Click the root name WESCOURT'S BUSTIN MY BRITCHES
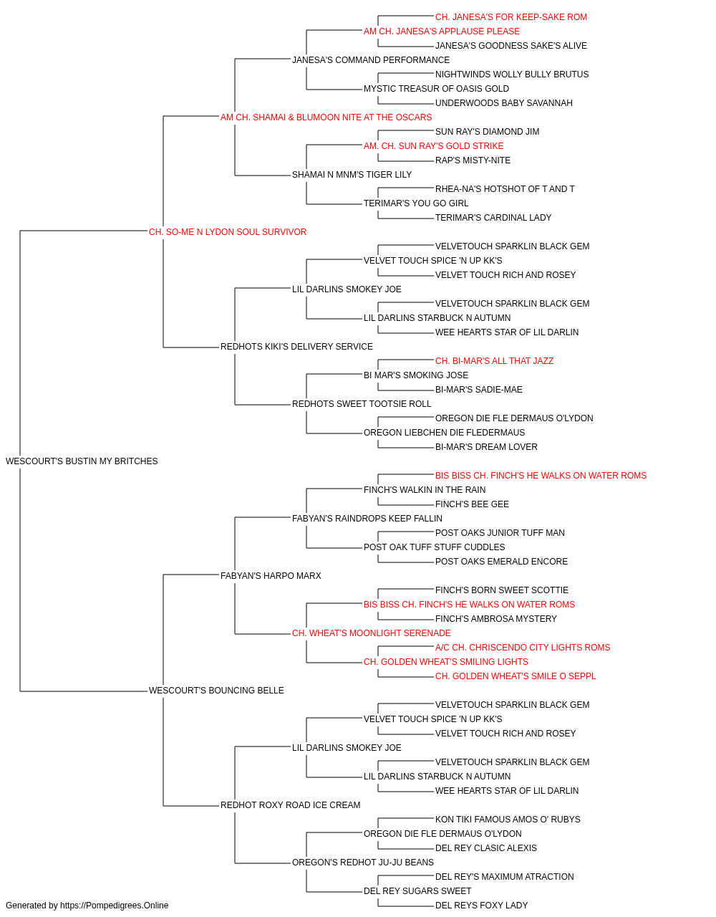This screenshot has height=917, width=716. [82, 461]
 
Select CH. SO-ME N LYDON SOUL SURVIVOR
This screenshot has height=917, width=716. [228, 232]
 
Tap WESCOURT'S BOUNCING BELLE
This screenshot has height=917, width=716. [216, 691]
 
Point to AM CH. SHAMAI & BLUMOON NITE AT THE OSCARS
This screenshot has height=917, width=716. [326, 117]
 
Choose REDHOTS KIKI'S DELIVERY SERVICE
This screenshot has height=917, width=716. [296, 347]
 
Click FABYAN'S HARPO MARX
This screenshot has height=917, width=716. [271, 575]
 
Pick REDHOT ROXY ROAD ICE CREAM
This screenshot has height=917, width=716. [290, 805]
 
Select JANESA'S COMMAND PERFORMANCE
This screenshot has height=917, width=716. [371, 60]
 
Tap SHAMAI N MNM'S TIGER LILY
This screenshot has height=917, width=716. [352, 175]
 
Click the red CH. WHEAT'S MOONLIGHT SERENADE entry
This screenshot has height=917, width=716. [371, 633]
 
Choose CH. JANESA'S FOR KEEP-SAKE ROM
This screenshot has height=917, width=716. [511, 17]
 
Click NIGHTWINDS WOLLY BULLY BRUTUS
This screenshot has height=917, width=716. [512, 75]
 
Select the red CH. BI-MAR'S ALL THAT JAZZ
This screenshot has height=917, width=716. [494, 361]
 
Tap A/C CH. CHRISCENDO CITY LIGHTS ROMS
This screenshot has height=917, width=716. [523, 648]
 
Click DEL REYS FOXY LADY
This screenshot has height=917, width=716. [482, 906]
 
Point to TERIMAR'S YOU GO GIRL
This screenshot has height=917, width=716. [416, 203]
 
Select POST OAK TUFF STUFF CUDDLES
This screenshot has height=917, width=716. [435, 547]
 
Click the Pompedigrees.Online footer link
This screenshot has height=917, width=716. [114, 906]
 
